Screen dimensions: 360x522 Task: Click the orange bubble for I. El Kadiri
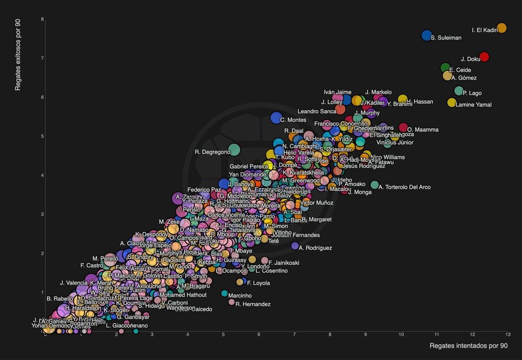coord(502,28)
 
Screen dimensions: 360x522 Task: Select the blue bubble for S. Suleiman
coord(426,35)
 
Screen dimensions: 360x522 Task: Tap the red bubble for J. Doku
coord(484,57)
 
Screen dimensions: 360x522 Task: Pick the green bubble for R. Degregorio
coord(234,150)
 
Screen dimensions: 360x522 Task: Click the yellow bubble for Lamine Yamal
coord(452,102)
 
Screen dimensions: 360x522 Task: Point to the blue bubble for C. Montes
coord(276,118)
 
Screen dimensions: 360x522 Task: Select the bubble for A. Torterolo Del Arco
coord(374,185)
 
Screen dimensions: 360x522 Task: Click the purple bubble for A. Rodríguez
coord(295,246)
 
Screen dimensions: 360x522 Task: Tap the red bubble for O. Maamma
coord(403,127)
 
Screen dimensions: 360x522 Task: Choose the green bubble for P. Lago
coord(459,91)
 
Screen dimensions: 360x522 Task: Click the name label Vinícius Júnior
coord(395,142)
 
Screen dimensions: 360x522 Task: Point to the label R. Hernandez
coord(253,304)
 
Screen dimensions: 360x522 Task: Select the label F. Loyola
coord(258,283)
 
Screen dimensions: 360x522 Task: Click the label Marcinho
coord(240,296)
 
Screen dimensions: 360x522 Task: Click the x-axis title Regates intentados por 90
coord(468,346)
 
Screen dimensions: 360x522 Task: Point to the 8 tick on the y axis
coord(42,19)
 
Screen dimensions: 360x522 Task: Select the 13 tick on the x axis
coord(507,334)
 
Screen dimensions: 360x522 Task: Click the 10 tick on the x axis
coord(401,334)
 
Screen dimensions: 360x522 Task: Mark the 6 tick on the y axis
coord(42,97)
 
